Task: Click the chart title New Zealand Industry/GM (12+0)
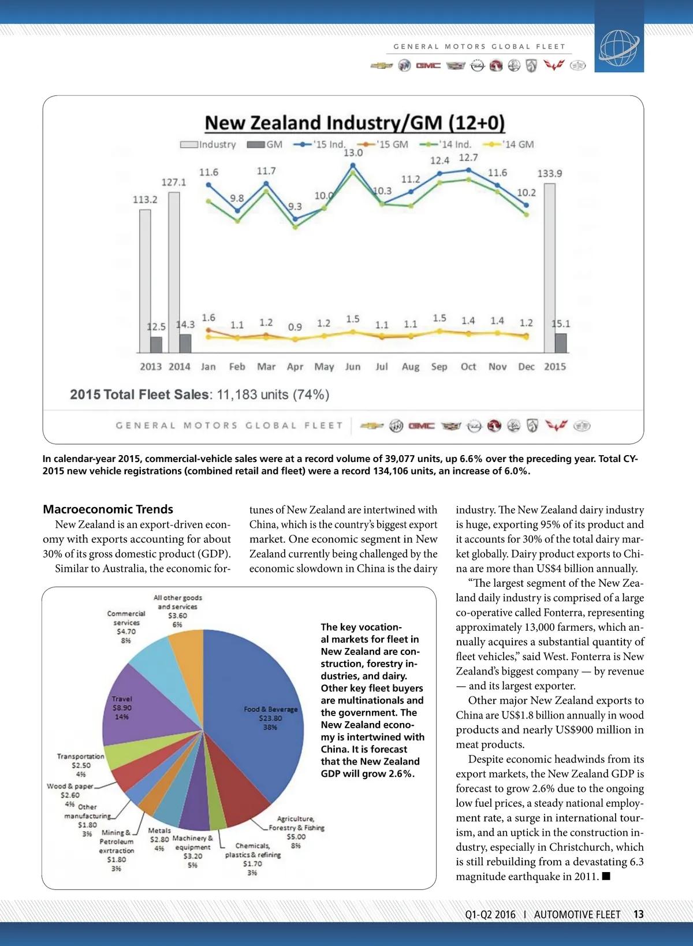pos(355,123)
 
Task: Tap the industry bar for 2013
pos(144,281)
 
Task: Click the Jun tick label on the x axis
pos(353,367)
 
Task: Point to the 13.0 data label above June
pos(353,153)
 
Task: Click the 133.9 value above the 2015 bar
pos(549,173)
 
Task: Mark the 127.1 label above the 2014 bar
pos(173,183)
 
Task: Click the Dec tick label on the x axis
pos(526,367)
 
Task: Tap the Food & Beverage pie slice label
pos(270,718)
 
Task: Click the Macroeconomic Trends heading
pos(108,509)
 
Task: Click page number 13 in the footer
pos(638,914)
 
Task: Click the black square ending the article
pos(606,877)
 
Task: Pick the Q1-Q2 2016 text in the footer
pos(490,914)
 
